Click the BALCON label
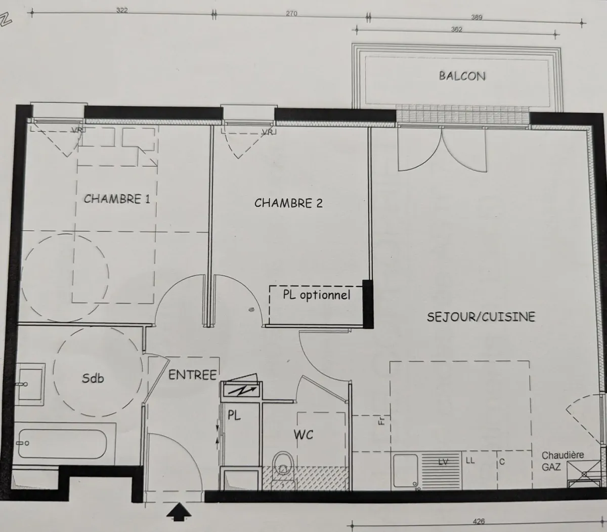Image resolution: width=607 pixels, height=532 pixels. click(462, 76)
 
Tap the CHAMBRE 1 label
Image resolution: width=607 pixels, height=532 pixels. click(117, 199)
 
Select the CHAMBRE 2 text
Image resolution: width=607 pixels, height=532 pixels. click(288, 203)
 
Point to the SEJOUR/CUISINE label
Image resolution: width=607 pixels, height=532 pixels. click(481, 317)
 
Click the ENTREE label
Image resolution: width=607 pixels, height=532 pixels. click(192, 375)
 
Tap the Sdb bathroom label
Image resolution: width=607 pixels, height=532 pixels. click(93, 377)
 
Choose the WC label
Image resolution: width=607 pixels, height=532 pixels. click(303, 434)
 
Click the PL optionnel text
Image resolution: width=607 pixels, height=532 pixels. click(316, 295)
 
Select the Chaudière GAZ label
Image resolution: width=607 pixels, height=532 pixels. click(561, 461)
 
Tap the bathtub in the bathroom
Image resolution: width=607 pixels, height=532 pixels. click(61, 444)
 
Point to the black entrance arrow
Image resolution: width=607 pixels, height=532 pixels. click(180, 512)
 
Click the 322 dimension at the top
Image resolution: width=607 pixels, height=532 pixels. click(122, 11)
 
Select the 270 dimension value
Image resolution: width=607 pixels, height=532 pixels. click(291, 14)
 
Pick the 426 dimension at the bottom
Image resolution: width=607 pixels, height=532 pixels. click(479, 521)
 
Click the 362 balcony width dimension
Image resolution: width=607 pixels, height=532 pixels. click(457, 29)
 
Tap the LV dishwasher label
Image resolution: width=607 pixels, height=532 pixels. click(443, 462)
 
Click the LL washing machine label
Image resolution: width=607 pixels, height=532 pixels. click(470, 461)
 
